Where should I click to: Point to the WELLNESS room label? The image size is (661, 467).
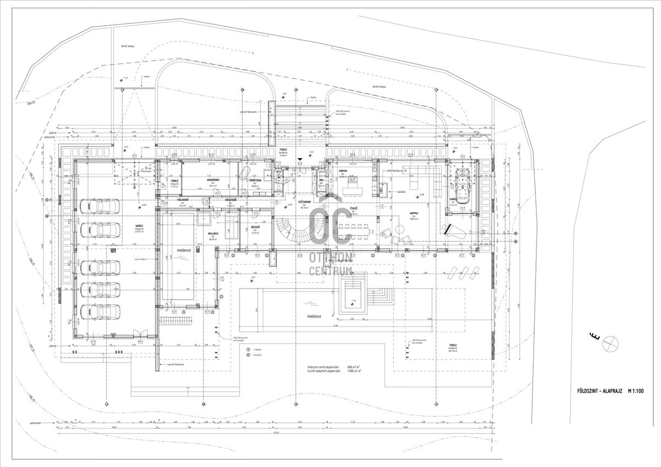213,233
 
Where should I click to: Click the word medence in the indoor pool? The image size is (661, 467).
183,249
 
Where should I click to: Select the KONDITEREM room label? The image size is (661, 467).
213,180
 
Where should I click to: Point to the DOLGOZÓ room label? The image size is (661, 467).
255,227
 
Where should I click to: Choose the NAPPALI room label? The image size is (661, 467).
415,213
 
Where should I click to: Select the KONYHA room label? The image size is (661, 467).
342,171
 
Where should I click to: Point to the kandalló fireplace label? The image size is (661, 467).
400,192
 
